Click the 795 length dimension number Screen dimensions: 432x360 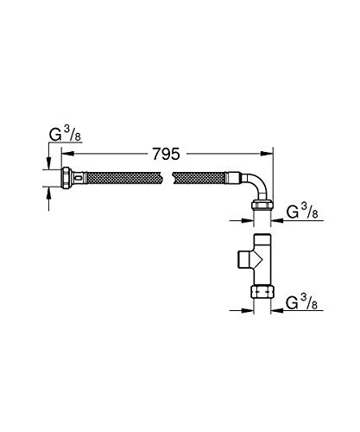[167, 154]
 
